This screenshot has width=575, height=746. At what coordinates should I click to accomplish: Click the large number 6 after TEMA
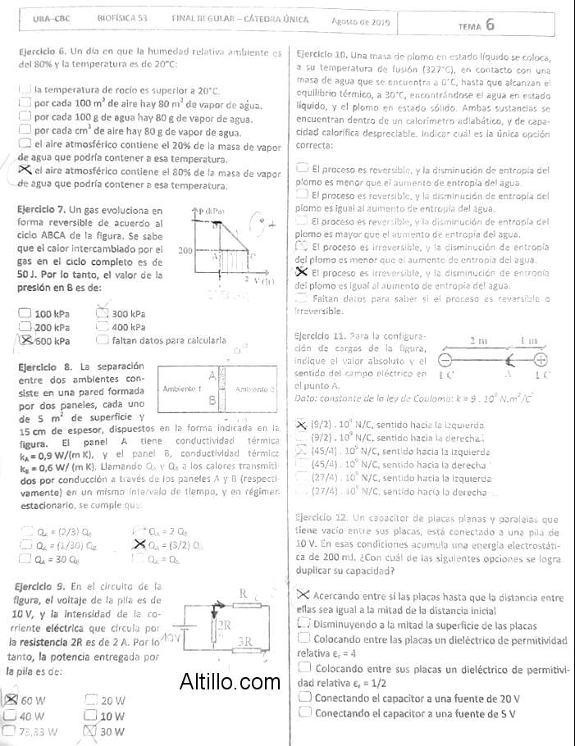tap(490, 24)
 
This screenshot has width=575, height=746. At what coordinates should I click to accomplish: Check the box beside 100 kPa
tap(25, 313)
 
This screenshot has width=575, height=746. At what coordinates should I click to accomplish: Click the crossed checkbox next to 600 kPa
tap(25, 340)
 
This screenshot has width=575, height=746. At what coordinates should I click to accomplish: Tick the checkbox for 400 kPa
tap(103, 327)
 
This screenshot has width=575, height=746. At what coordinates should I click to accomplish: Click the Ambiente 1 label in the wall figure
tap(184, 388)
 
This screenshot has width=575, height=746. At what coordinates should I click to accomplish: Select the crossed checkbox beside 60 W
tap(11, 700)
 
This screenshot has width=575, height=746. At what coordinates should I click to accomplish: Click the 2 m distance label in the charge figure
tap(478, 340)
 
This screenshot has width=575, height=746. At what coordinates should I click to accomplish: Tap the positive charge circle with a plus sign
tap(541, 358)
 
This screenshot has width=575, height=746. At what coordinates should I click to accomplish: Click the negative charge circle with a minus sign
tap(445, 359)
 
